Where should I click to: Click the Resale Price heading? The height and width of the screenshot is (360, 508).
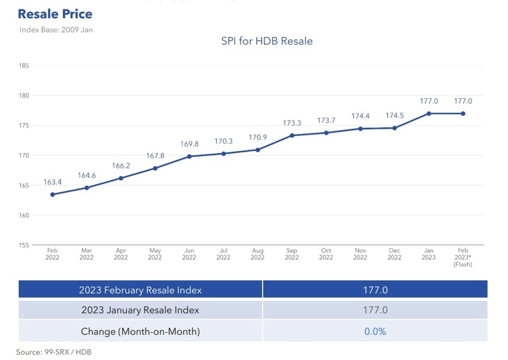pos(55,14)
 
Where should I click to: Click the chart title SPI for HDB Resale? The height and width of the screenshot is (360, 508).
pos(267,41)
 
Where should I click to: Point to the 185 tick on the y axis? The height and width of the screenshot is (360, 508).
pos(24,66)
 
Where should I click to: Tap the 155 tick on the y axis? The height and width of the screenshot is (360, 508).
pos(24,245)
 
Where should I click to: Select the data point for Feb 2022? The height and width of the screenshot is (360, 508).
pos(52,194)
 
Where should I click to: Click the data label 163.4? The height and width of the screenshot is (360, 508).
pos(52,182)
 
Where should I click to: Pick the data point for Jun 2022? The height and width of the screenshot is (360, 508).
pos(189,156)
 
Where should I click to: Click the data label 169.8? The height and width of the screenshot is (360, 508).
pos(189,144)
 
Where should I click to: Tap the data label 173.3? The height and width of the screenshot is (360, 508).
pos(292,123)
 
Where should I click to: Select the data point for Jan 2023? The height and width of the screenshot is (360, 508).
pos(429,113)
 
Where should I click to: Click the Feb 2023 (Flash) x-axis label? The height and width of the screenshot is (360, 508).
pos(463,257)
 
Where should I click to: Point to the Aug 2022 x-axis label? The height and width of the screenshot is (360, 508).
pos(257,254)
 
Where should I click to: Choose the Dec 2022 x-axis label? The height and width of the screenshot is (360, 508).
pos(394,254)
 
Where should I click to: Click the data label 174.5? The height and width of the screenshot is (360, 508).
pos(394,116)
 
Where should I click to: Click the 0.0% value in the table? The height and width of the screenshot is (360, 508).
pos(375,332)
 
